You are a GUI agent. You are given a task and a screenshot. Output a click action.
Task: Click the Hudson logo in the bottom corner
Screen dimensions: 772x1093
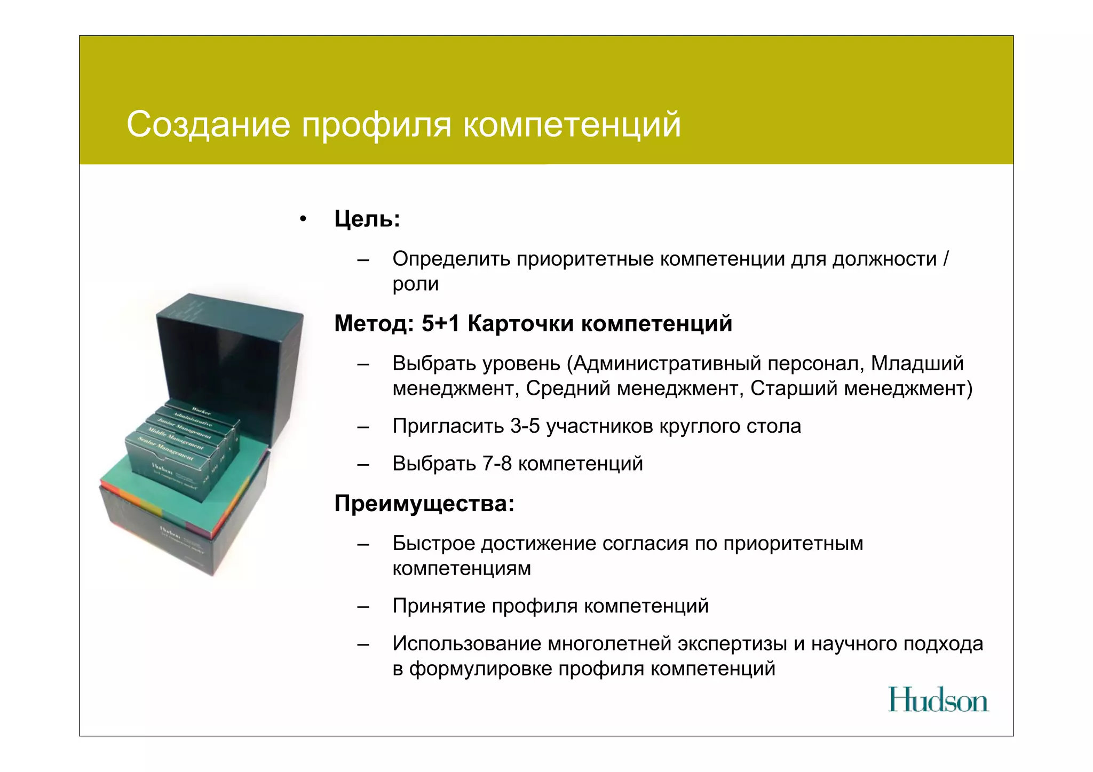click(x=938, y=700)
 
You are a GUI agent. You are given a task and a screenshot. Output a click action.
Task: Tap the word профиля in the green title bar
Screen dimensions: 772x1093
click(x=377, y=125)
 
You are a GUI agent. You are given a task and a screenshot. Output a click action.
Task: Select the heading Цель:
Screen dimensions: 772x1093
click(x=367, y=219)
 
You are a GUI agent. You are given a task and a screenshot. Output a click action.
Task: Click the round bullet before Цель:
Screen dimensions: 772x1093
click(x=303, y=219)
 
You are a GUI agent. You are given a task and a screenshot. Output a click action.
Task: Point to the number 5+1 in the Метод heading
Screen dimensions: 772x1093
click(x=440, y=323)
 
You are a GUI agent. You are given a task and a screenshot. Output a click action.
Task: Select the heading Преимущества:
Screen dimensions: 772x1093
click(x=424, y=503)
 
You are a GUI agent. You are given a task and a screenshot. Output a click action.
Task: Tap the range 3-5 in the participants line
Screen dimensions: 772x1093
click(x=525, y=426)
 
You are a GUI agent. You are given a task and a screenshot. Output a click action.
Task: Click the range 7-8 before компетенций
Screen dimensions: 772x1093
click(x=497, y=464)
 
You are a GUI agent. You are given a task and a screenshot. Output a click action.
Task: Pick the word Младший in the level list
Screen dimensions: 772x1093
click(x=917, y=363)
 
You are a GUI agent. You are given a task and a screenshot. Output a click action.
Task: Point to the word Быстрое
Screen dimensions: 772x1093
click(x=433, y=544)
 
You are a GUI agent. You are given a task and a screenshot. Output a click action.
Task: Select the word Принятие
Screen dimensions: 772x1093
click(x=439, y=606)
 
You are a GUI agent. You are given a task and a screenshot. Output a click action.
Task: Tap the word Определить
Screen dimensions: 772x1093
click(x=451, y=259)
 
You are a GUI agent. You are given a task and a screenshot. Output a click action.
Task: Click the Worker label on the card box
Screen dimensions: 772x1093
click(x=201, y=411)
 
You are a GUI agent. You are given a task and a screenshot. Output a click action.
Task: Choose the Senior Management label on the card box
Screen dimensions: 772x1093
click(x=166, y=449)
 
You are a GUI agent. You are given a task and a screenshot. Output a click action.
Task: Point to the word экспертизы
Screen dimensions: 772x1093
click(x=732, y=644)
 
